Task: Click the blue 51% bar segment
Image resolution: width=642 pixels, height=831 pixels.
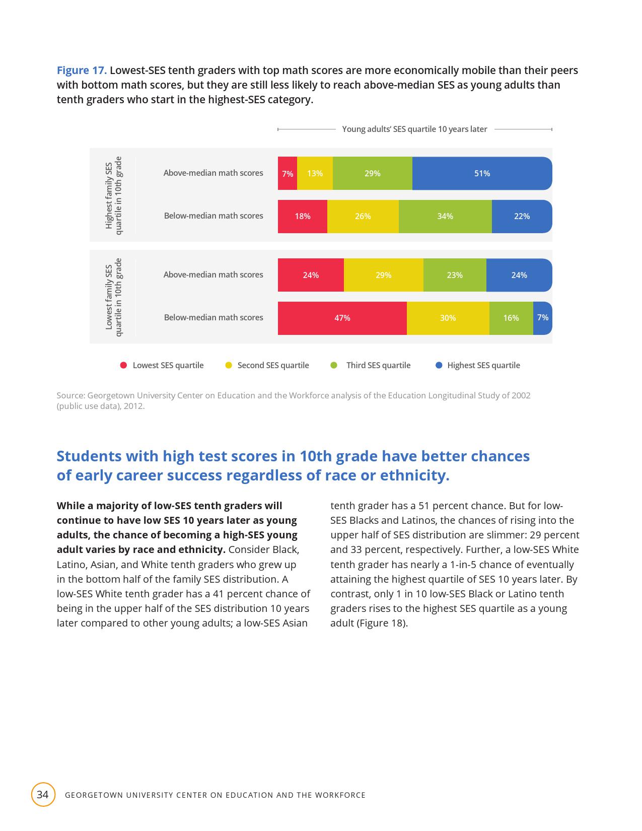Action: point(482,173)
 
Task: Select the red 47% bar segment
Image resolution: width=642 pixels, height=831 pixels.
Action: point(342,318)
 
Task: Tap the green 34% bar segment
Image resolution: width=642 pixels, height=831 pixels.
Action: point(445,216)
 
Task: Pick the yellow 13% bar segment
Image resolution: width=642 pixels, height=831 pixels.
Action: point(315,173)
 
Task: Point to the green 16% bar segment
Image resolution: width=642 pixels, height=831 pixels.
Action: point(511,318)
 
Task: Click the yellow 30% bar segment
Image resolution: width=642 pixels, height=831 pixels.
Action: point(448,318)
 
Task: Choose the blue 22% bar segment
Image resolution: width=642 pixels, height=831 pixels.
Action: point(522,216)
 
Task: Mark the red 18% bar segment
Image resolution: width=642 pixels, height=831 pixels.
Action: point(303,216)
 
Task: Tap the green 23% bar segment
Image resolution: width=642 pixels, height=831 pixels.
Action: point(455,275)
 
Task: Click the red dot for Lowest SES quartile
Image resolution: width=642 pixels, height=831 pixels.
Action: point(123,365)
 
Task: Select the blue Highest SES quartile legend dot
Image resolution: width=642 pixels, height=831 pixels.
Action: point(439,365)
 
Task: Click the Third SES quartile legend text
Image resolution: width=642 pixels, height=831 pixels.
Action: point(378,365)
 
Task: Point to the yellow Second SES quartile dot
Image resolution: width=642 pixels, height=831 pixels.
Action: point(229,365)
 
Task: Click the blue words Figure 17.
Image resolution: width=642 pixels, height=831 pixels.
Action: point(82,70)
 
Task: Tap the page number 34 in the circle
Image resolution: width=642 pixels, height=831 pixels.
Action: point(43,795)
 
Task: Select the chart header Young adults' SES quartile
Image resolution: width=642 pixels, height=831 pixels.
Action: point(414,129)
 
